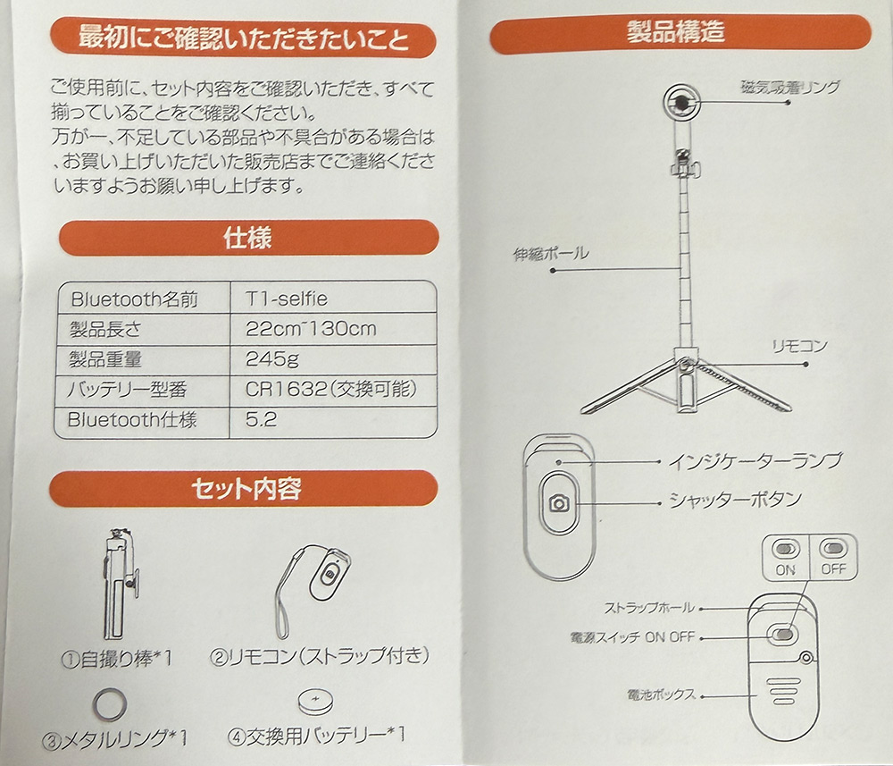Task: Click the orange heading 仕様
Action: click(x=247, y=238)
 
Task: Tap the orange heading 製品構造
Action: click(x=675, y=31)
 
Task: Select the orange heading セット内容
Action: click(x=246, y=488)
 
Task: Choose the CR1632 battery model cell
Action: click(x=331, y=390)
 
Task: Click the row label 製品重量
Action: click(x=105, y=359)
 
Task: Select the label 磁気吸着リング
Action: click(x=790, y=88)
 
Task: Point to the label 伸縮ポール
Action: click(x=551, y=254)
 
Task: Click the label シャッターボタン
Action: click(x=735, y=500)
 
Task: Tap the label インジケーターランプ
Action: click(x=755, y=460)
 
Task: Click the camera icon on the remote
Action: click(x=559, y=503)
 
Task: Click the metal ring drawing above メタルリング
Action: click(x=109, y=704)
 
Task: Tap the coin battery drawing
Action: click(x=315, y=701)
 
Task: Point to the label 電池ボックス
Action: click(x=661, y=694)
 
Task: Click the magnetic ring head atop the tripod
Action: click(x=681, y=103)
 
